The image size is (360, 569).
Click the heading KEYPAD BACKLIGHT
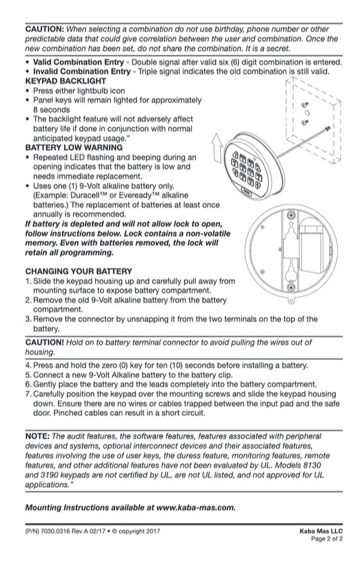click(66, 81)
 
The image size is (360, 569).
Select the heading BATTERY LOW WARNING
click(74, 147)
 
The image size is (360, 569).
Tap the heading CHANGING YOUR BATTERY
click(78, 271)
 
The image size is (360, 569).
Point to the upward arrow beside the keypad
click(217, 148)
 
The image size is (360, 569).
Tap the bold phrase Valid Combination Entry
click(78, 62)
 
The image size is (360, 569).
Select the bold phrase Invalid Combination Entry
click(82, 72)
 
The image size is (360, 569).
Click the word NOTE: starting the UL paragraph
click(37, 436)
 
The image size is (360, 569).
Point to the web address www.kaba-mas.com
click(196, 508)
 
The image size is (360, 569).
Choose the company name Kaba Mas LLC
click(321, 531)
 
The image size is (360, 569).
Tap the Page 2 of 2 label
click(327, 539)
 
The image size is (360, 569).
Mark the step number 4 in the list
click(28, 365)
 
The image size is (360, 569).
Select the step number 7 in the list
click(28, 394)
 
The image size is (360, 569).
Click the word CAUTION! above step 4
click(45, 342)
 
